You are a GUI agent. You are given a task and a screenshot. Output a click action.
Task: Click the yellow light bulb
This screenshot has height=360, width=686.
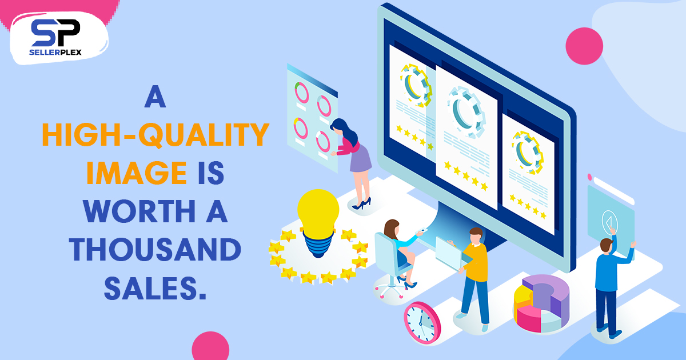318,223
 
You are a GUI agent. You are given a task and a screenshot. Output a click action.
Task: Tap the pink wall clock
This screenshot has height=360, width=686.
422,322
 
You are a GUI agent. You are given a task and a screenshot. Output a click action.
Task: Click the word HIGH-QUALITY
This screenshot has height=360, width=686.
155,134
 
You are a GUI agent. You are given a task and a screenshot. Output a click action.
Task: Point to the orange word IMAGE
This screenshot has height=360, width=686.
137,173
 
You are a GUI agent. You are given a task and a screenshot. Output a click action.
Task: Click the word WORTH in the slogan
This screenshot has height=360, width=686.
139,211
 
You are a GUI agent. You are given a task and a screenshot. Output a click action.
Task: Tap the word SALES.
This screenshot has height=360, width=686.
155,288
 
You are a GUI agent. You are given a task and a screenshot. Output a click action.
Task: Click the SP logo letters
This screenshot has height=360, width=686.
55,33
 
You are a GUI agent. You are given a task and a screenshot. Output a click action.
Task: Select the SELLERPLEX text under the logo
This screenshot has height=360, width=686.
55,53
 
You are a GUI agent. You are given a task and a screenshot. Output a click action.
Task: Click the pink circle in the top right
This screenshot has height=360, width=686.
584,46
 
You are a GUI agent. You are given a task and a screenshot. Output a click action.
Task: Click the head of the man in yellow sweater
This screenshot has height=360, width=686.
476,235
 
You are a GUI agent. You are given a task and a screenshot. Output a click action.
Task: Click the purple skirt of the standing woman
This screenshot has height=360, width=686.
361,159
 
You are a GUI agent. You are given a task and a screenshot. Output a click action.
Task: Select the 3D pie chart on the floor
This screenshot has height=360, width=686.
541,303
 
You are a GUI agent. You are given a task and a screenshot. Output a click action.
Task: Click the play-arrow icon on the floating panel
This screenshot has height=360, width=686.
609,221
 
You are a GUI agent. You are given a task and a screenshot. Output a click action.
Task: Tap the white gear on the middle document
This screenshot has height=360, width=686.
466,113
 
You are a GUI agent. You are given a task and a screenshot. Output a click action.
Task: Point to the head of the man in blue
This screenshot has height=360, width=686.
607,245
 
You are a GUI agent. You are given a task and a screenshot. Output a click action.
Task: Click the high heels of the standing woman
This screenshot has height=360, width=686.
362,203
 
